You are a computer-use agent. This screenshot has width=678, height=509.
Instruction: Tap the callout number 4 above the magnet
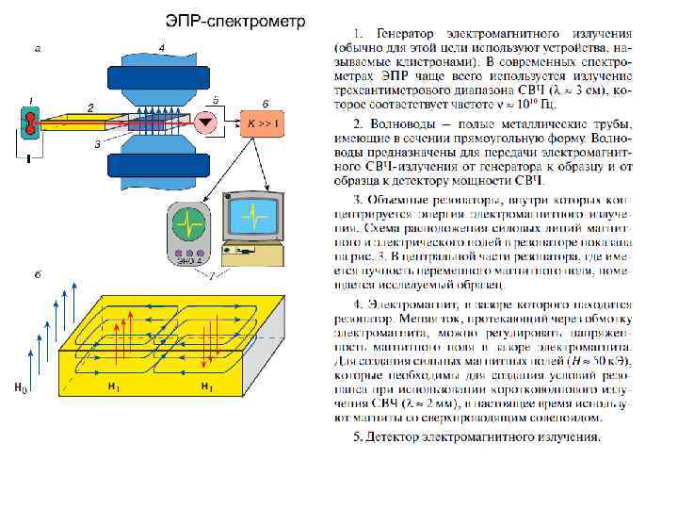(162, 46)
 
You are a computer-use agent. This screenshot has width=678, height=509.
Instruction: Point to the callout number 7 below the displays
(213, 275)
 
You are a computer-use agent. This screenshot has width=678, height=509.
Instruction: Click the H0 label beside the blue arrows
(20, 387)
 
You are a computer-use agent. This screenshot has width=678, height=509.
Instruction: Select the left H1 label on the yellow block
(113, 387)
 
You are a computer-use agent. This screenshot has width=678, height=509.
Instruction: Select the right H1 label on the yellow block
(208, 387)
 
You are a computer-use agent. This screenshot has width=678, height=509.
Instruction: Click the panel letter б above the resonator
(36, 274)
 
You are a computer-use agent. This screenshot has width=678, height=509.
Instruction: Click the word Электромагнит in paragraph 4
(421, 304)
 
